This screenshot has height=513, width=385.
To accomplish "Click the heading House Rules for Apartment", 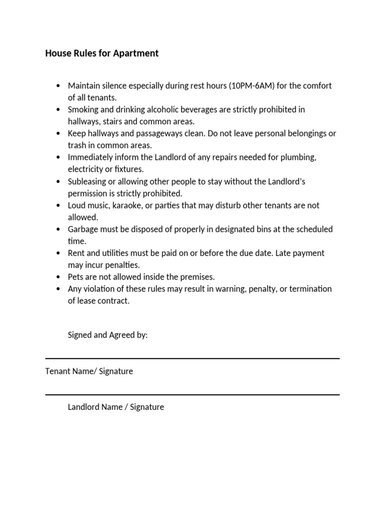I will [102, 53].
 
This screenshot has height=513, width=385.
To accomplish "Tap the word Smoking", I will [83, 110].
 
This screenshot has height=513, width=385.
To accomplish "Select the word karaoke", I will [127, 205].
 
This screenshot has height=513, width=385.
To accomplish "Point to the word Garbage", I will [84, 229].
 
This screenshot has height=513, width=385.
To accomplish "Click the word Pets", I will [76, 277].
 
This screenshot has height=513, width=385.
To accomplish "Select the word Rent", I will [77, 253].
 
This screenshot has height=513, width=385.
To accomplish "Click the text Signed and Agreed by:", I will [108, 335].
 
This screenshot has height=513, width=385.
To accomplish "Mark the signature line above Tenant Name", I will [192, 359].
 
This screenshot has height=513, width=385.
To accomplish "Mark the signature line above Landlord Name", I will [192, 395].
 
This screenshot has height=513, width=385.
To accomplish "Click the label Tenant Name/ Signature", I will [89, 371].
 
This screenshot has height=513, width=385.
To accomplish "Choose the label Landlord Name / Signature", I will [116, 407].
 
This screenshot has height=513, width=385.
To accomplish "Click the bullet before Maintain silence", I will [59, 86].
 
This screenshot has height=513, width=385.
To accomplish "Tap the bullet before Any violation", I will [59, 289].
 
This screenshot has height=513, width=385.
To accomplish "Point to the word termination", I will [310, 289].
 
